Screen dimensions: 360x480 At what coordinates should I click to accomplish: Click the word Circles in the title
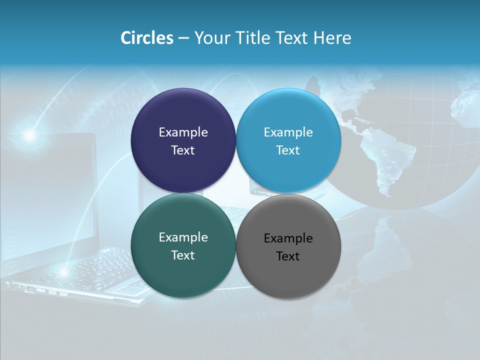146,38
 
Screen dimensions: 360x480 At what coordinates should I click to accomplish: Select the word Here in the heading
332,38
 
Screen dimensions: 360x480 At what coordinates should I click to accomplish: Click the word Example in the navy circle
183,132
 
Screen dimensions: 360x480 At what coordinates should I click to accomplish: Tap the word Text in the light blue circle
288,150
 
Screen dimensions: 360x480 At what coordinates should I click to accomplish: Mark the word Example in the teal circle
183,237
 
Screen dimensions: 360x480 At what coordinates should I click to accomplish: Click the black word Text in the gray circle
288,256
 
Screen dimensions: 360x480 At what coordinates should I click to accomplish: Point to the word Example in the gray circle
288,238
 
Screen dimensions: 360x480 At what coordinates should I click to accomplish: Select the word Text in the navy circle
183,150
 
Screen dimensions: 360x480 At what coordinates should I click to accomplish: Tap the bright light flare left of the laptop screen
30,135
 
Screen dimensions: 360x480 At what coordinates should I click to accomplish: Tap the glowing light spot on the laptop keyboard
63,271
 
